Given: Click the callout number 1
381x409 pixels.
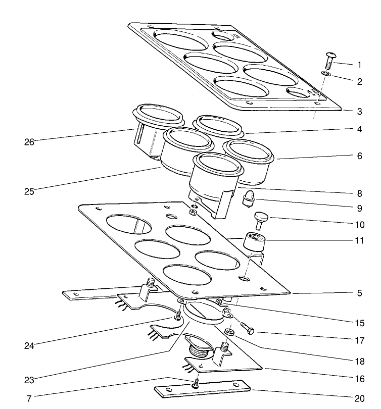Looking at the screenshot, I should [x=359, y=65].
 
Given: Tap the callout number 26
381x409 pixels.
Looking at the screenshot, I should [x=29, y=142].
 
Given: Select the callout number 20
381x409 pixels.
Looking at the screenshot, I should [x=359, y=399].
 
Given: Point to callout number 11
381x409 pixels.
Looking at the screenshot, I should [x=359, y=241].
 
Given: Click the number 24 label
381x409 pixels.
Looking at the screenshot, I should [x=29, y=346].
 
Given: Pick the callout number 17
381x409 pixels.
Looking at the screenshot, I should [x=359, y=341].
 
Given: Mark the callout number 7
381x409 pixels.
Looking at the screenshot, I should [x=29, y=399].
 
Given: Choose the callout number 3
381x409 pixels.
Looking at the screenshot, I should [x=359, y=112].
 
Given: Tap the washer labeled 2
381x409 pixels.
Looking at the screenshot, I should [x=326, y=74].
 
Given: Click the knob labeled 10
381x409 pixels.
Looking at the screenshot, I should [x=261, y=220].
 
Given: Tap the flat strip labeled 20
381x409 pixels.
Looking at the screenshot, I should [x=202, y=390].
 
